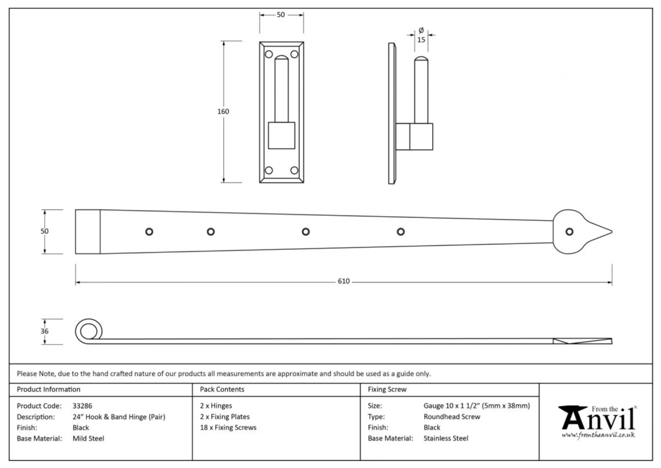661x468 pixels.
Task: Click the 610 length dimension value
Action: [344, 281]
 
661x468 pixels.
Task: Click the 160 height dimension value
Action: [223, 112]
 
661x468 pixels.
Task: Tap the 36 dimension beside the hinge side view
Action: [44, 331]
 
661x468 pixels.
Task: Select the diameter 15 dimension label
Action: [421, 35]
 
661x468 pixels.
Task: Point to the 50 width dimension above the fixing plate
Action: [281, 15]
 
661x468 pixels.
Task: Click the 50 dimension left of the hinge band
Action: [44, 231]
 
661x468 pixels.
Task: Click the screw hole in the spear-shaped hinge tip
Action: [569, 232]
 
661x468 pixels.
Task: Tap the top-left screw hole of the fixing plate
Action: [269, 54]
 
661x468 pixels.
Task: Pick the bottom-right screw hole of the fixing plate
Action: [294, 170]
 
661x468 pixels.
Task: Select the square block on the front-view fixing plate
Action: [282, 135]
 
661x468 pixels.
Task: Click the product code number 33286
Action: [82, 406]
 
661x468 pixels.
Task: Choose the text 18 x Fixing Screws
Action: [228, 427]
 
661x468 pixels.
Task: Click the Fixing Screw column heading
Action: [387, 390]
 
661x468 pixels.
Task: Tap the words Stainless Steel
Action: [446, 438]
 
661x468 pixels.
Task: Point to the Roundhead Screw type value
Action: [452, 417]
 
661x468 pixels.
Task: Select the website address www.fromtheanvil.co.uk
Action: [598, 435]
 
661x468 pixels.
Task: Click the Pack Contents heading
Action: [222, 390]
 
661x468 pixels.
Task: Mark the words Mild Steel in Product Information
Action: [88, 438]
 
